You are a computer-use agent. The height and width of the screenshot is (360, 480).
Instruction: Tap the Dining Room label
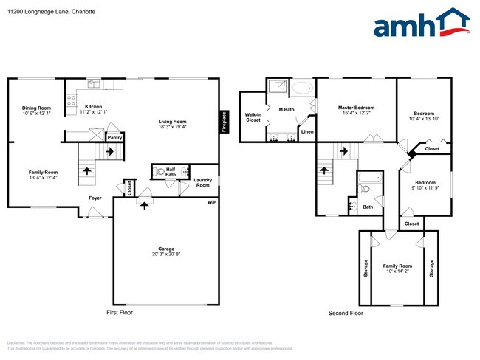36,108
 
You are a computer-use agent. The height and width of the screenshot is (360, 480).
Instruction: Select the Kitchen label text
94,107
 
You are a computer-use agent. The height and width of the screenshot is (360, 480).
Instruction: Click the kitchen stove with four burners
72,101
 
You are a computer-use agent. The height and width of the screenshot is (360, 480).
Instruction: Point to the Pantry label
114,136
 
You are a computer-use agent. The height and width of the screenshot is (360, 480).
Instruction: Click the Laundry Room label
202,182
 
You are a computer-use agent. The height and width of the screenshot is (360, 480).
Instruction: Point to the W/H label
211,202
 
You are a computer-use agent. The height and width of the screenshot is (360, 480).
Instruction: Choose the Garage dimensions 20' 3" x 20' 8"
166,254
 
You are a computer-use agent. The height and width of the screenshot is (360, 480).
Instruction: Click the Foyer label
95,198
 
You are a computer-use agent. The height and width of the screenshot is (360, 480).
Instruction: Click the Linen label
307,131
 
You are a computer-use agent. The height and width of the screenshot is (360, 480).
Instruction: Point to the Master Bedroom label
356,107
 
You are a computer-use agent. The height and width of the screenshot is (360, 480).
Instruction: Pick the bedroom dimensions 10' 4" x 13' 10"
424,119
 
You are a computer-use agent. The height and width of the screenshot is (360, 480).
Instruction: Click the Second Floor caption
346,314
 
